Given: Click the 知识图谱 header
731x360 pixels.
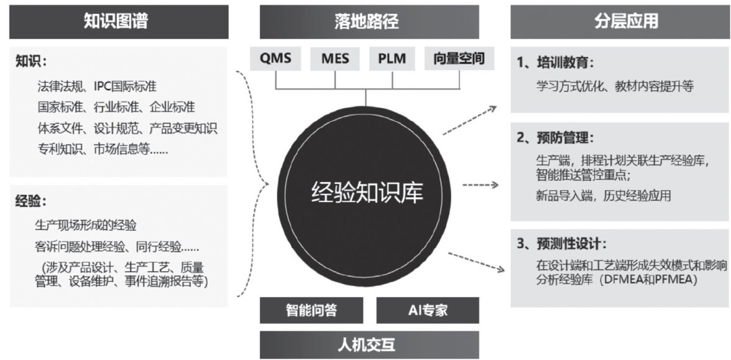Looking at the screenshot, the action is [119, 21].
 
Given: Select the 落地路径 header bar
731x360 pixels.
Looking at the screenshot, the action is [369, 21].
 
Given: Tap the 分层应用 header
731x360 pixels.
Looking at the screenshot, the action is [620, 21].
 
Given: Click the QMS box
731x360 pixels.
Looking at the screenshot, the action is [275, 60].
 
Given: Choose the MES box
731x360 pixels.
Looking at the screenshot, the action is [335, 60].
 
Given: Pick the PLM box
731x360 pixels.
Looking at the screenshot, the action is [392, 60].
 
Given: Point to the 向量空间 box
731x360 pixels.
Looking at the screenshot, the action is [459, 60].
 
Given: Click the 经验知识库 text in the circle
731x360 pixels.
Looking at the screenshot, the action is [367, 193].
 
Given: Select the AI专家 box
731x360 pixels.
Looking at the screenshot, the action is [427, 310].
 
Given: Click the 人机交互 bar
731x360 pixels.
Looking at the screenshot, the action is [369, 344].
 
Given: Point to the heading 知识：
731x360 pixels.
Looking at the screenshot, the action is [32, 62].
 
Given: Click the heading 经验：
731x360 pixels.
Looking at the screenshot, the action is [32, 201].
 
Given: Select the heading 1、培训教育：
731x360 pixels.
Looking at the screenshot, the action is [556, 63].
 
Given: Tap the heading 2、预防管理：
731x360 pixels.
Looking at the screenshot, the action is [556, 137].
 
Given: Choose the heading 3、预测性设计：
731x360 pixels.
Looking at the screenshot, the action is [561, 243].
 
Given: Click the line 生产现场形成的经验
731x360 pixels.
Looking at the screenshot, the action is [86, 225].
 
